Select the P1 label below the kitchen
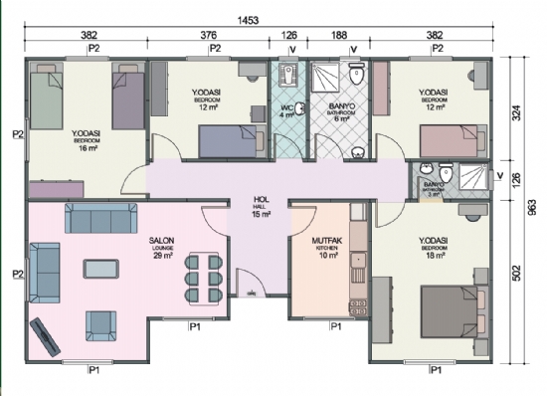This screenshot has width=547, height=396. [335, 326]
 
